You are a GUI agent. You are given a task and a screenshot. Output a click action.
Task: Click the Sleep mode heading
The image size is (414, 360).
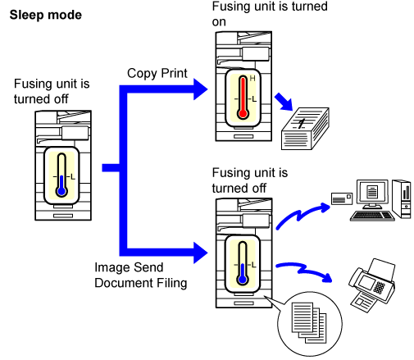point(46,15)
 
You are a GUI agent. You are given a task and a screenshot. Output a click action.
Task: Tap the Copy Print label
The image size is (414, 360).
point(157,73)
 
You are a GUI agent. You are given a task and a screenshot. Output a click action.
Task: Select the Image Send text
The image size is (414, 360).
point(129,267)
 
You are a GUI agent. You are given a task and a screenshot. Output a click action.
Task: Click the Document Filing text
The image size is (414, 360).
point(141,283)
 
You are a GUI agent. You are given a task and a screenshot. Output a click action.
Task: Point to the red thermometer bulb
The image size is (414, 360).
point(243,113)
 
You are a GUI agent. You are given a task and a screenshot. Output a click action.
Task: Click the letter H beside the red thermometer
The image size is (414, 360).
point(252,79)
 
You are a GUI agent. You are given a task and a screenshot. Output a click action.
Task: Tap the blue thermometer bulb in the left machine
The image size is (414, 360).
point(61,191)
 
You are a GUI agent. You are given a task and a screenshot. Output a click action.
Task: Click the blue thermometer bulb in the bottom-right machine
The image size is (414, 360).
point(243,280)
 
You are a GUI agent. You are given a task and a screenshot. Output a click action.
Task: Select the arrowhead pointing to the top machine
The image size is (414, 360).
point(200,89)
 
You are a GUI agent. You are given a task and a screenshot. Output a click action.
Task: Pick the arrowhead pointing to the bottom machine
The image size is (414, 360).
point(200,253)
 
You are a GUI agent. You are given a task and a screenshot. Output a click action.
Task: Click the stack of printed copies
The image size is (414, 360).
point(305,129)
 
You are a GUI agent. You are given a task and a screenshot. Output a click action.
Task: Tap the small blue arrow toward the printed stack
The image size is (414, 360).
point(284,102)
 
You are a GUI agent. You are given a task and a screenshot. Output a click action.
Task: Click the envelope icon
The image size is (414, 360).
point(342,198)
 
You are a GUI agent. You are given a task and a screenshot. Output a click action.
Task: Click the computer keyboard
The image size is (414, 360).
point(372,216)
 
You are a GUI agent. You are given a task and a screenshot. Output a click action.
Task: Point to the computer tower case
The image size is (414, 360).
point(402,198)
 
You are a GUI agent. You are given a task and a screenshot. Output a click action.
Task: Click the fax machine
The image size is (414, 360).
point(372,285)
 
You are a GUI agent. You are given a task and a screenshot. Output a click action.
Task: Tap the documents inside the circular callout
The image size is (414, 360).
point(309,323)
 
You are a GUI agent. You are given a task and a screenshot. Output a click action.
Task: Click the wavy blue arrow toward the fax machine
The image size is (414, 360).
point(304,271)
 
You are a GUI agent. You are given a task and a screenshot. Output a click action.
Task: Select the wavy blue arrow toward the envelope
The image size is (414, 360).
point(303,216)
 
